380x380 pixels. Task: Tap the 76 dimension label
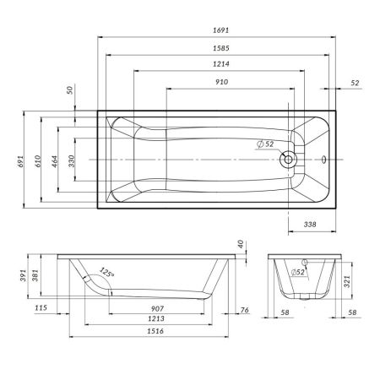pyautogui.click(x=244, y=310)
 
